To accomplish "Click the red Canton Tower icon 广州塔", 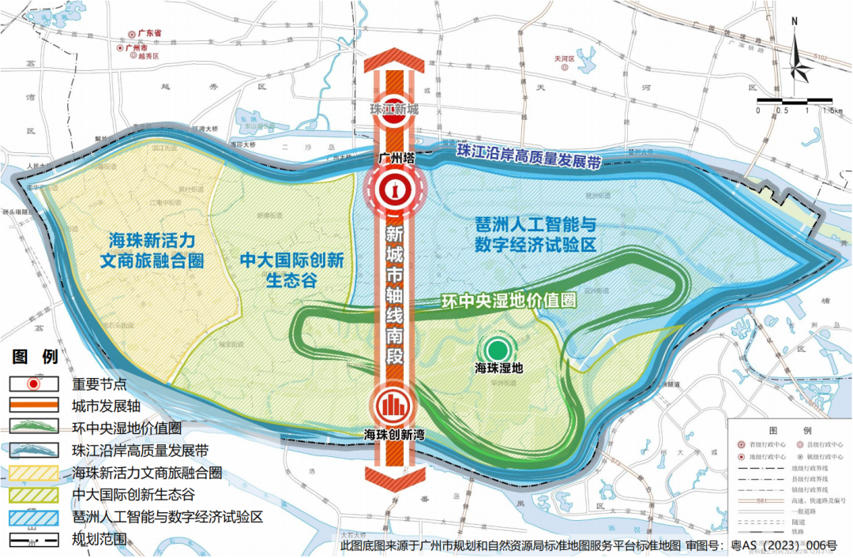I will coord(393,189).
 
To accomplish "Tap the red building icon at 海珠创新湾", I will coord(393,406).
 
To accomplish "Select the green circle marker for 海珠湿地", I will coord(498,349).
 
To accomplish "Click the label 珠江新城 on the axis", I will coord(393,110).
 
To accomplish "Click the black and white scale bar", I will coord(795,100).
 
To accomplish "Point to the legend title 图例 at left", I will coord(36,358).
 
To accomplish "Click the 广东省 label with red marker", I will coord(147,34).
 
